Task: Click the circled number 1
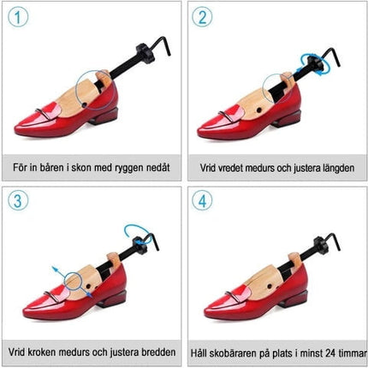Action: click(18, 17)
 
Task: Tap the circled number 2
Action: click(202, 17)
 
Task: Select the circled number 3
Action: click(18, 200)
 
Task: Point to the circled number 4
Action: click(202, 200)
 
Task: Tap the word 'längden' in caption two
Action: click(335, 168)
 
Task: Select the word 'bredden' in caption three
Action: click(157, 352)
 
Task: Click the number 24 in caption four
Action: click(329, 353)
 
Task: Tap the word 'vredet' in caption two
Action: click(229, 168)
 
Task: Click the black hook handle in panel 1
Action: click(160, 45)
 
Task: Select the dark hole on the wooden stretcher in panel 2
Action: click(259, 110)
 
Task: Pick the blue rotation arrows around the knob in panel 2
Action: click(315, 64)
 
